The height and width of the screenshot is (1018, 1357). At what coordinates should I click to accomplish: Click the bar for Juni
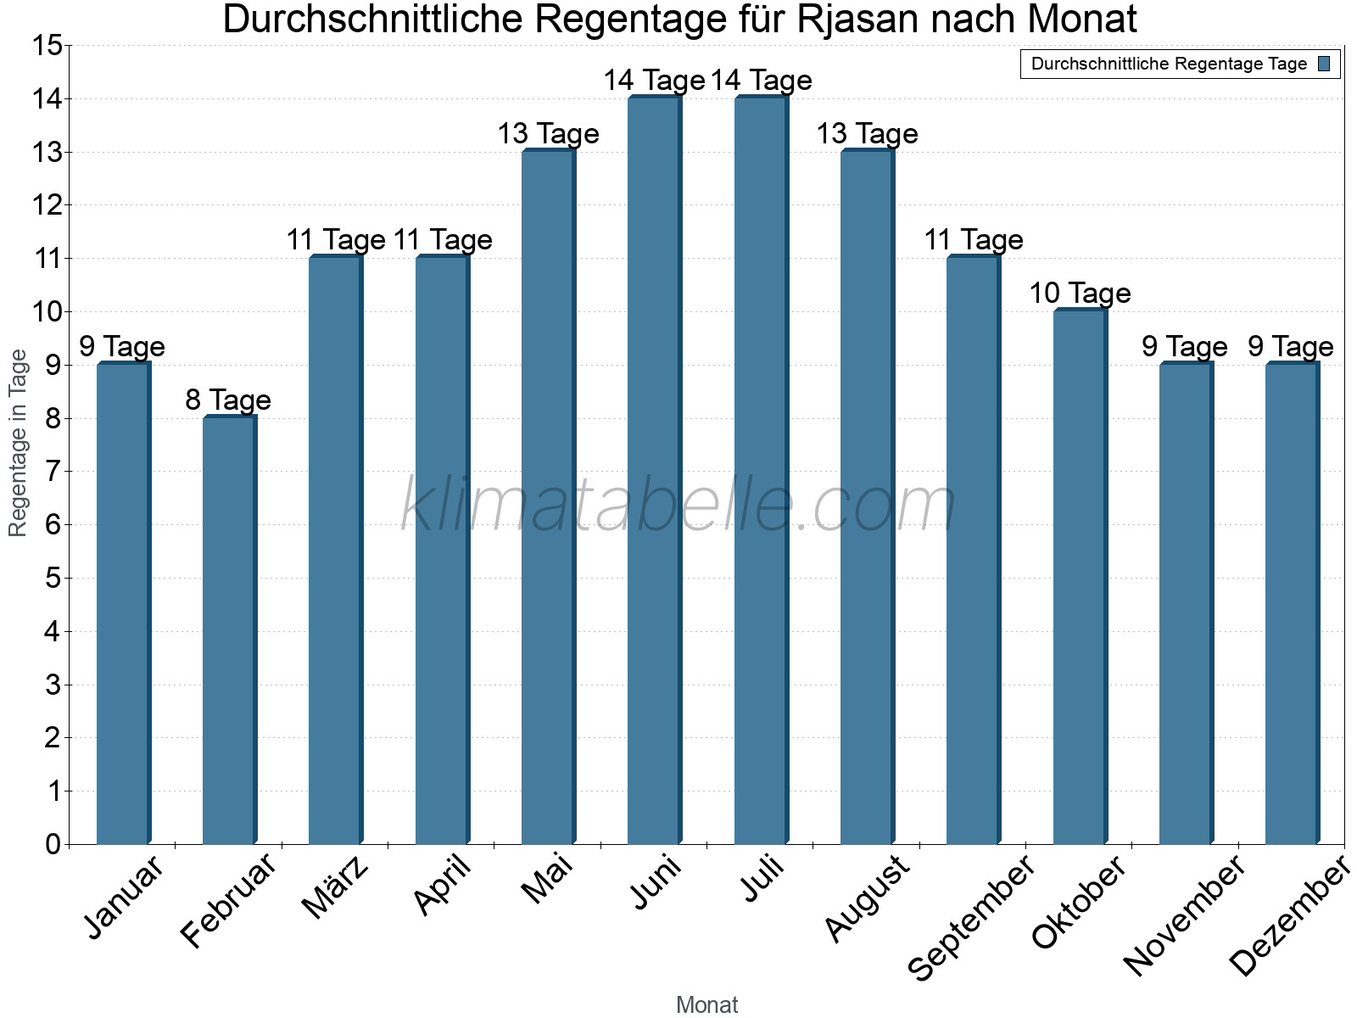pyautogui.click(x=654, y=471)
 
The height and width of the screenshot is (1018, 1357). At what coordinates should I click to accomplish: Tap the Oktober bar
pyautogui.click(x=1080, y=577)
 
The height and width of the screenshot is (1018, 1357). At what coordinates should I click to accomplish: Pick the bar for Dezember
pyautogui.click(x=1292, y=603)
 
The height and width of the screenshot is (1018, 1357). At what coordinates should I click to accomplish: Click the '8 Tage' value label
pyautogui.click(x=228, y=400)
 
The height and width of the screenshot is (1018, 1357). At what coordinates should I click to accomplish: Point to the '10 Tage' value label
pyautogui.click(x=1080, y=294)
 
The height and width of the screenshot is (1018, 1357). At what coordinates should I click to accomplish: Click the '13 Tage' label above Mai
pyautogui.click(x=548, y=134)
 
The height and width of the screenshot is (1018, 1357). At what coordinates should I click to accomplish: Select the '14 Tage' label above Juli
pyautogui.click(x=761, y=81)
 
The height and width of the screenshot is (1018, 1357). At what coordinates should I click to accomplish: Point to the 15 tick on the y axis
pyautogui.click(x=47, y=46)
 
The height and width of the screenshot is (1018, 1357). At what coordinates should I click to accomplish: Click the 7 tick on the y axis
pyautogui.click(x=53, y=472)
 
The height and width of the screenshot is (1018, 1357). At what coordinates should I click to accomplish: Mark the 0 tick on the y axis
pyautogui.click(x=53, y=844)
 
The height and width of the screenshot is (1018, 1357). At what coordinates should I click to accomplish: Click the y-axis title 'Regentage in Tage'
pyautogui.click(x=18, y=443)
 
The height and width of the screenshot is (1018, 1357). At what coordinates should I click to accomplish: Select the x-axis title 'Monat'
pyautogui.click(x=706, y=1004)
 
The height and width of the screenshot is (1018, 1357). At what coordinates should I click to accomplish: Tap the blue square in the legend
pyautogui.click(x=1324, y=64)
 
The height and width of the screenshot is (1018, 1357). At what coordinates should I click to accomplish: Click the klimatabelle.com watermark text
pyautogui.click(x=678, y=506)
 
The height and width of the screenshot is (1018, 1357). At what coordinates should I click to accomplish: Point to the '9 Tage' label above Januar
pyautogui.click(x=122, y=347)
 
